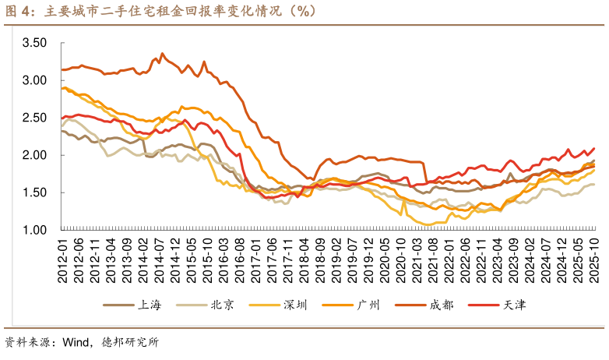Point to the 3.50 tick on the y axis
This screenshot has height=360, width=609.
[35, 43]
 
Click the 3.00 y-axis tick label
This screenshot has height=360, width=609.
[35, 80]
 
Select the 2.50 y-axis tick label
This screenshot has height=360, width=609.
[35, 118]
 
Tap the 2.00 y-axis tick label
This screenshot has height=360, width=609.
[35, 155]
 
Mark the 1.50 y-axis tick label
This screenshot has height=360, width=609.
[35, 192]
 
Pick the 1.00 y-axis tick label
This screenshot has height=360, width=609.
[35, 230]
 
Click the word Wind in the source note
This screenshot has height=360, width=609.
[77, 341]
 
